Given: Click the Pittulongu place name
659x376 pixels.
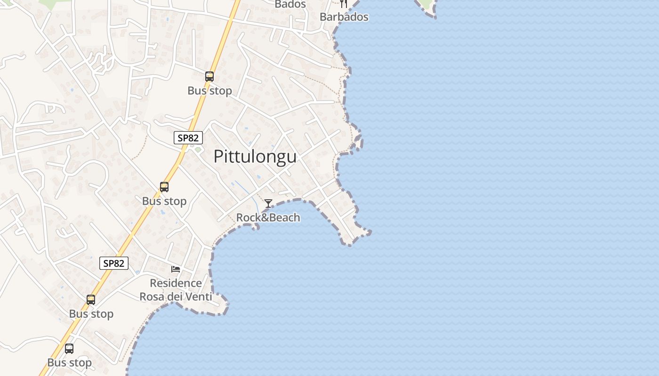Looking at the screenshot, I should click(x=255, y=157).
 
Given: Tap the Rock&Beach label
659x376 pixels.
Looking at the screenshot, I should click(x=268, y=217).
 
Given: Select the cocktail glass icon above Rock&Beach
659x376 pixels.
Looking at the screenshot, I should click(x=268, y=204).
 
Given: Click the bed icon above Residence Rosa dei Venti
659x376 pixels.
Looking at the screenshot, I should click(x=176, y=269).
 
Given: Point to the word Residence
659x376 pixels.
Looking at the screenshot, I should click(x=176, y=283).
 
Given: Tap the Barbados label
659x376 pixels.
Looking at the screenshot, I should click(x=344, y=17).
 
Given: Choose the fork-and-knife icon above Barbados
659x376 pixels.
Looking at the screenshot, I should click(x=344, y=4).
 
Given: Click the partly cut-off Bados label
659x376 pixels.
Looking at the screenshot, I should click(x=290, y=4).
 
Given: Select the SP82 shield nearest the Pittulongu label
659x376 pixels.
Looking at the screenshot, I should click(x=188, y=138).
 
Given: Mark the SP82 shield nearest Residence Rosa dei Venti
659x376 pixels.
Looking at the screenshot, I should click(x=114, y=263).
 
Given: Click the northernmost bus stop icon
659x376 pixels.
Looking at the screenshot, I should click(x=209, y=76).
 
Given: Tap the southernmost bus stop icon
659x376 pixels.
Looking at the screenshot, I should click(x=69, y=349).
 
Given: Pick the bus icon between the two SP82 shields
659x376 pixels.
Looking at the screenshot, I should click(x=164, y=187).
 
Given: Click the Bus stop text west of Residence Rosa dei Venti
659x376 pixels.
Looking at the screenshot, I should click(x=91, y=314).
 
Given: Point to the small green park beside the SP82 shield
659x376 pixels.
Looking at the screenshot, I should click(x=198, y=150).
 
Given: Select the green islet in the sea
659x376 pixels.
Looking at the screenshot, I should click(x=426, y=5).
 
